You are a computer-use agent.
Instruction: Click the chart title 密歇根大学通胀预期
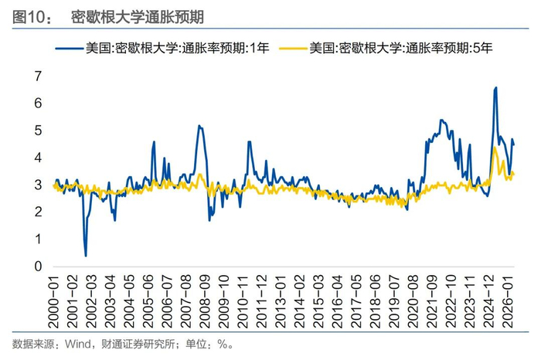pos(138,17)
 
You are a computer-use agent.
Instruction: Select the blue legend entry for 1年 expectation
pos(162,48)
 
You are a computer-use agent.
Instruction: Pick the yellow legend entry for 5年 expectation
pos(386,48)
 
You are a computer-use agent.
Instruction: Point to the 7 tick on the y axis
pos(38,76)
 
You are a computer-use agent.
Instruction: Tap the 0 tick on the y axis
pos(38,267)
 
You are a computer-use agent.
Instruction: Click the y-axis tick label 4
pos(38,158)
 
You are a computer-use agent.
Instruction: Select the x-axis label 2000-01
pos(53,301)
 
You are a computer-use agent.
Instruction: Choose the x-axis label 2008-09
pos(205,301)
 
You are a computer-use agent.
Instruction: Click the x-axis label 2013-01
pos(281,301)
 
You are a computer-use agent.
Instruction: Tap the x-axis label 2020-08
pos(413,301)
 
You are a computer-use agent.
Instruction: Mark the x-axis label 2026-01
pos(508,301)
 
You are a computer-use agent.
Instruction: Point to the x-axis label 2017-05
pos(356,301)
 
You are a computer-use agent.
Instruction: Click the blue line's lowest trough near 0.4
pos(86,256)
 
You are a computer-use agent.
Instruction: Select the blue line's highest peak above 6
pos(496,87)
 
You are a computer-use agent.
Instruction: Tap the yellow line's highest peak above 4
pos(495,148)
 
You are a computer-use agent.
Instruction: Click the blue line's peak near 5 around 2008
pos(199,126)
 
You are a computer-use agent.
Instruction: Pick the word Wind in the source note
pos(78,344)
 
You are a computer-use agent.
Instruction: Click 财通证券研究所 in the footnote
pos(138,344)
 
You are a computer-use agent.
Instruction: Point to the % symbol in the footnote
pos(223,344)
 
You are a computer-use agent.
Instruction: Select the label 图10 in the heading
pos(29,17)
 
